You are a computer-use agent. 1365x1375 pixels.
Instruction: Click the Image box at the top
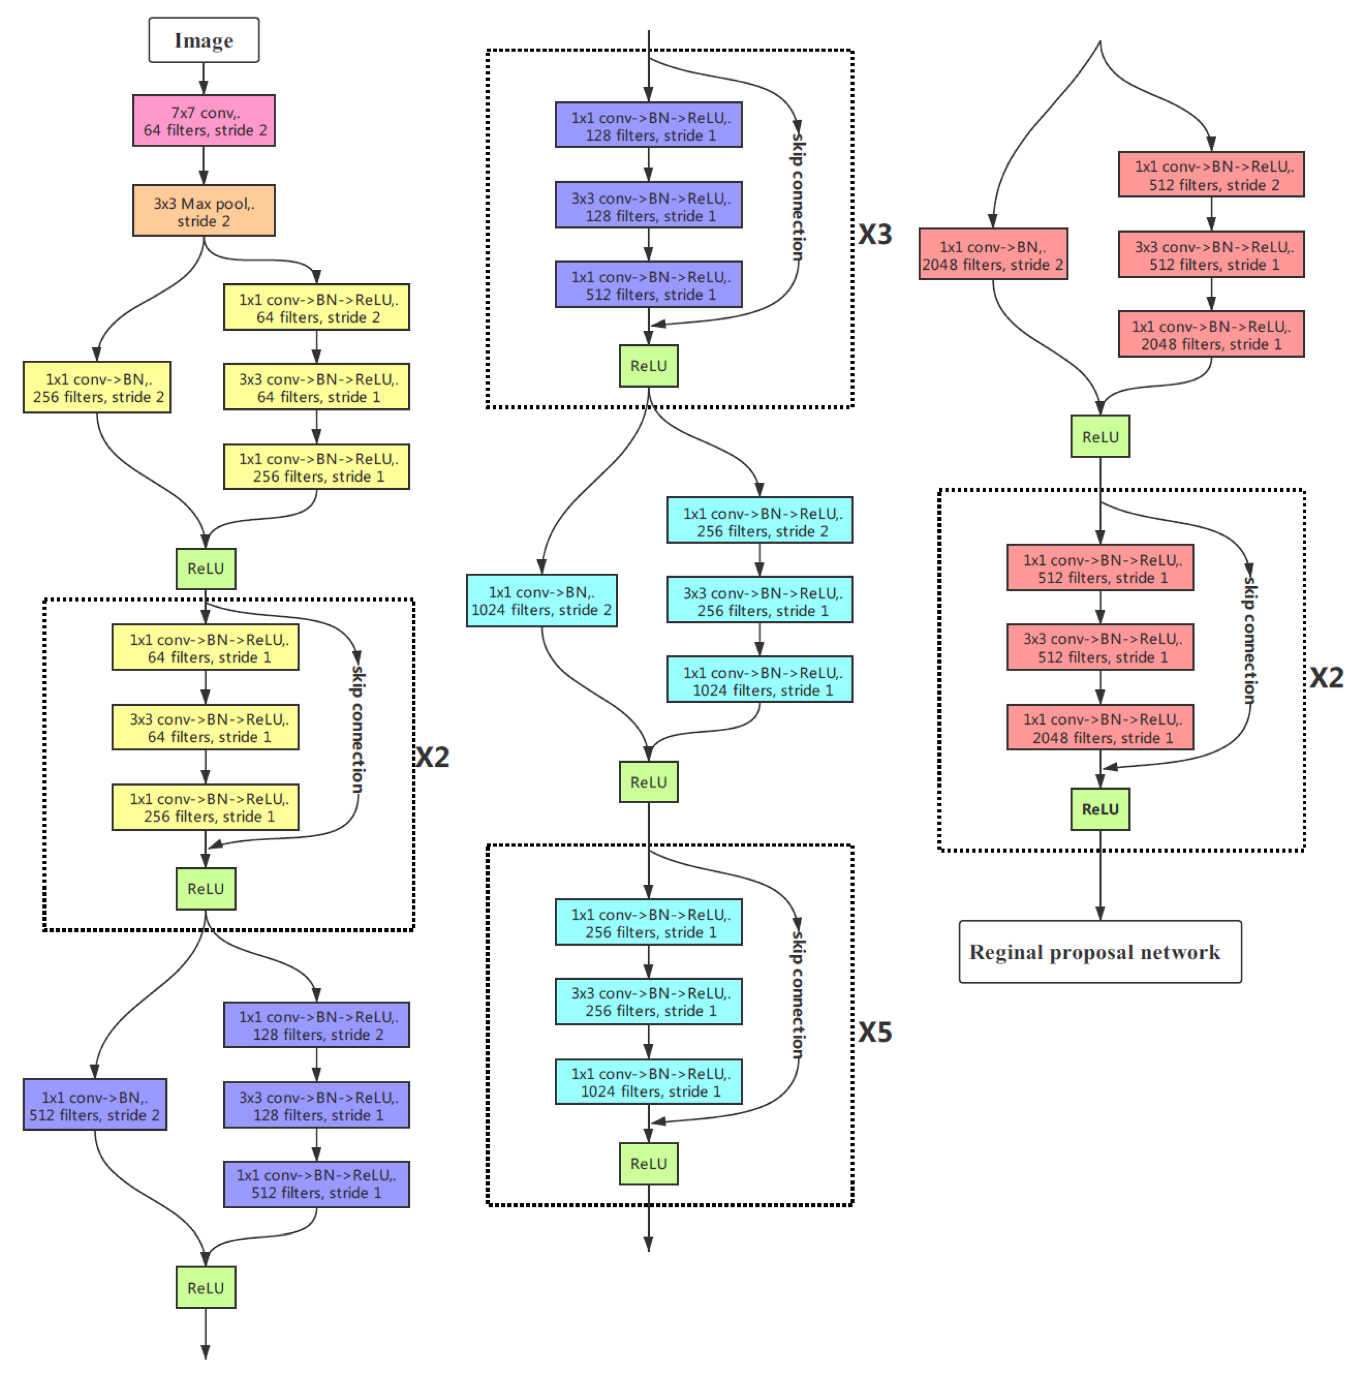[x=203, y=41]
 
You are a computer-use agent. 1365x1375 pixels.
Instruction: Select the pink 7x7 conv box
[x=203, y=121]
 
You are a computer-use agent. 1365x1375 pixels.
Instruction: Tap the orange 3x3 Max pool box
[x=203, y=212]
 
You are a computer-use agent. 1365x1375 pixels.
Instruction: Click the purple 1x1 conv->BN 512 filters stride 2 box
[x=95, y=1105]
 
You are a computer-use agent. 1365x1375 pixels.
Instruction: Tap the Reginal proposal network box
[x=1100, y=952]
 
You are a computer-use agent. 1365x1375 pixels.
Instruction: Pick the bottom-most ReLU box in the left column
[x=206, y=1288]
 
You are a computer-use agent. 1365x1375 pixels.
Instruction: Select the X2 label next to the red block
[x=1326, y=677]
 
